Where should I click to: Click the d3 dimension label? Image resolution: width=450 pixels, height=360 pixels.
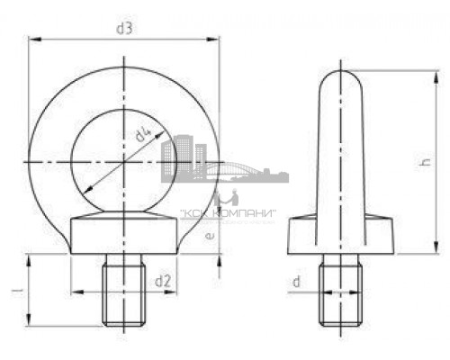(x=125, y=29)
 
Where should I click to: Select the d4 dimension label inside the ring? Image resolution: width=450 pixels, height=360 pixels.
(x=141, y=138)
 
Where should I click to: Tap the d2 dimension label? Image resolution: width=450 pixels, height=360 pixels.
(x=163, y=282)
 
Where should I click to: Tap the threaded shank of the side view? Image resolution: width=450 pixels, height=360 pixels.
(x=339, y=292)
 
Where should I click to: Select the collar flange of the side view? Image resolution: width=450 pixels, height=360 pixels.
(x=340, y=238)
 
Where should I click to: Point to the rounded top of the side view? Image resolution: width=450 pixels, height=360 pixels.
(x=340, y=83)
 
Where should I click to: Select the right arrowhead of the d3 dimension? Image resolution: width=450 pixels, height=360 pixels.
(x=217, y=39)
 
